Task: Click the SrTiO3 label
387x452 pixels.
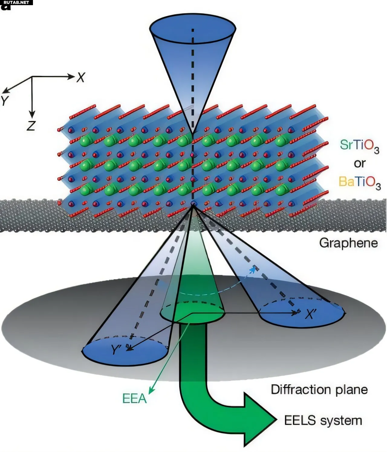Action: tap(359, 146)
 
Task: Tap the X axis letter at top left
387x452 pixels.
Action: tap(80, 78)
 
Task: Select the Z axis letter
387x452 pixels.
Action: tap(31, 126)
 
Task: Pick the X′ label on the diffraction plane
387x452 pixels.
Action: tap(311, 314)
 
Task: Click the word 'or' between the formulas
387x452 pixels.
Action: tap(360, 164)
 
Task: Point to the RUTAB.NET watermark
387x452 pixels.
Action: tap(16, 2)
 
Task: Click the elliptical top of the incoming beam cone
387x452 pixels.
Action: tap(193, 28)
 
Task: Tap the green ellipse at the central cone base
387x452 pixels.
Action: tap(193, 313)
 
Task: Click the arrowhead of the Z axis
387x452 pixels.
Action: tap(32, 115)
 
